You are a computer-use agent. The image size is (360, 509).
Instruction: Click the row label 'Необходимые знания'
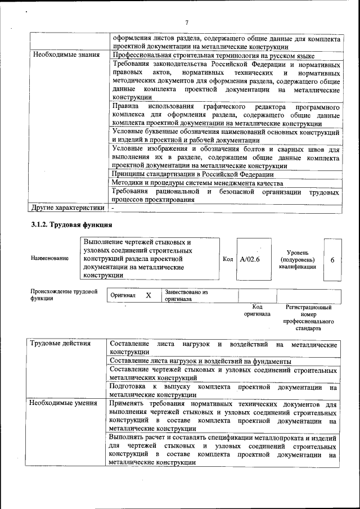(x=66, y=55)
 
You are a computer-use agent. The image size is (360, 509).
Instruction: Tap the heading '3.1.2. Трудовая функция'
(x=71, y=225)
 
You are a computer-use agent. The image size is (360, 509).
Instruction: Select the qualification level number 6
(x=332, y=260)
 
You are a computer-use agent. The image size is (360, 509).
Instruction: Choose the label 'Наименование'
(x=50, y=258)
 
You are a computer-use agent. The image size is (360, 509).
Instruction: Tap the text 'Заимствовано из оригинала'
(x=186, y=296)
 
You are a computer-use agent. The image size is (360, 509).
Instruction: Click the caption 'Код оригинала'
(x=257, y=310)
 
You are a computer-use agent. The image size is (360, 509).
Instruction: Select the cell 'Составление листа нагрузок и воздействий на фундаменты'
(x=200, y=361)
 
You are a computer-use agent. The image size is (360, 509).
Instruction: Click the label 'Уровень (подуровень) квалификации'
(x=297, y=259)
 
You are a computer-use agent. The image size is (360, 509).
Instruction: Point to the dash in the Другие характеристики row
(x=113, y=208)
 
